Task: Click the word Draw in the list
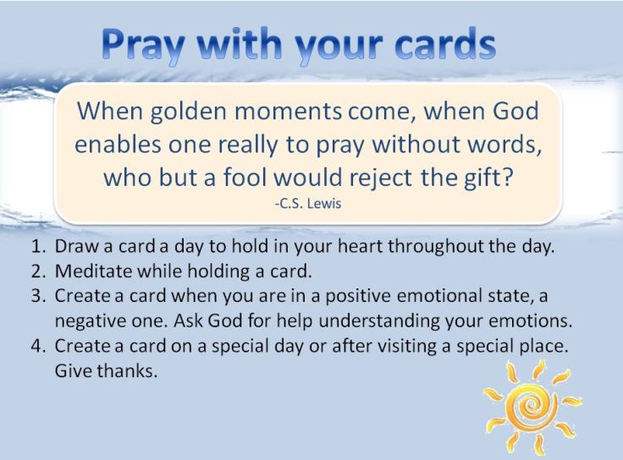tap(74, 249)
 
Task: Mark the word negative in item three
tap(88, 322)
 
